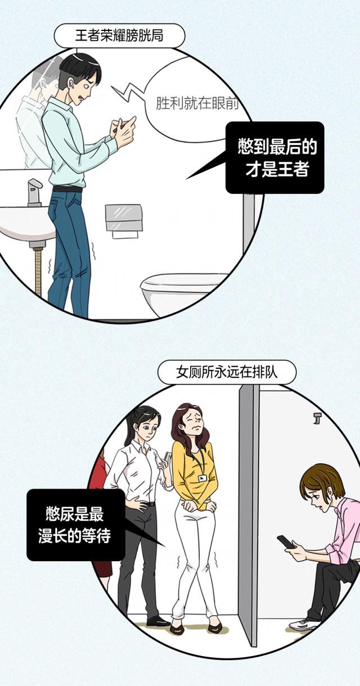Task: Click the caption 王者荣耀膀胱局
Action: pos(119,35)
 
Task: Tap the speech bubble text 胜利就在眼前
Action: pos(197,103)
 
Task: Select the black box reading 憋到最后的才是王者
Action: pos(275,157)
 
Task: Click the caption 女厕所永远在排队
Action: pos(227,372)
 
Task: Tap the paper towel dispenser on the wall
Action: pos(124,220)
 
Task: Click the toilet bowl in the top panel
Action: pos(181,292)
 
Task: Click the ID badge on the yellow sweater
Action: pos(202,477)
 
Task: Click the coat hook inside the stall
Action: pos(317,418)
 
